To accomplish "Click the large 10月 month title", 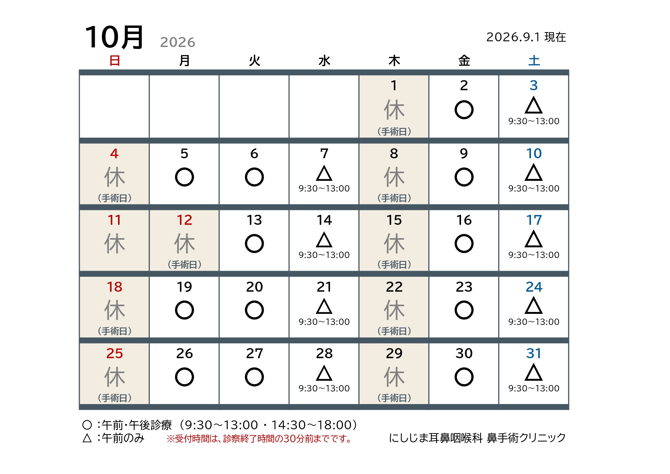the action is [114, 37].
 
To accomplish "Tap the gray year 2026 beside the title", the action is [178, 42].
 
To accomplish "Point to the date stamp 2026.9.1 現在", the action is [526, 37].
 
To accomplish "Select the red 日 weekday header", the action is [115, 60].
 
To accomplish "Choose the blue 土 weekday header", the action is [534, 60].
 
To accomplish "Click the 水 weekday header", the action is [324, 60].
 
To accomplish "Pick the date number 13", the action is [254, 220].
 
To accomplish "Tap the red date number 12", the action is [184, 220].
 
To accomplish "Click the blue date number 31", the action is [534, 354].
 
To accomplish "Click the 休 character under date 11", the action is [115, 244].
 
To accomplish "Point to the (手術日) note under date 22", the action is [394, 331].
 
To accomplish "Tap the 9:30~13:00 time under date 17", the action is [534, 255].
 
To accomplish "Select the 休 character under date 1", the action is [394, 110].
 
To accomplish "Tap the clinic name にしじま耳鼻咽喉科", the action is [436, 438].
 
